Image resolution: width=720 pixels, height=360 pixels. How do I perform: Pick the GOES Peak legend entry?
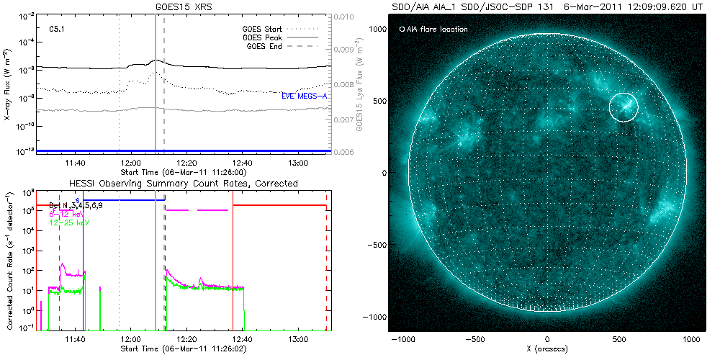click(x=264, y=37)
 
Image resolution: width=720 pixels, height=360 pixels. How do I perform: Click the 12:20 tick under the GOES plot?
click(x=186, y=164)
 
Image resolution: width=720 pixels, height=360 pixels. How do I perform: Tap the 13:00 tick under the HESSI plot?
click(x=297, y=338)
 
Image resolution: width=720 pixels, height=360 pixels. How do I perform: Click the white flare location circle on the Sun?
click(x=624, y=107)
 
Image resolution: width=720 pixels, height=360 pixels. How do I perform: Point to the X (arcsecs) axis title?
click(x=547, y=348)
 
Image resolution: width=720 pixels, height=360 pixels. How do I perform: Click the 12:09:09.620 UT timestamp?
click(x=655, y=6)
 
